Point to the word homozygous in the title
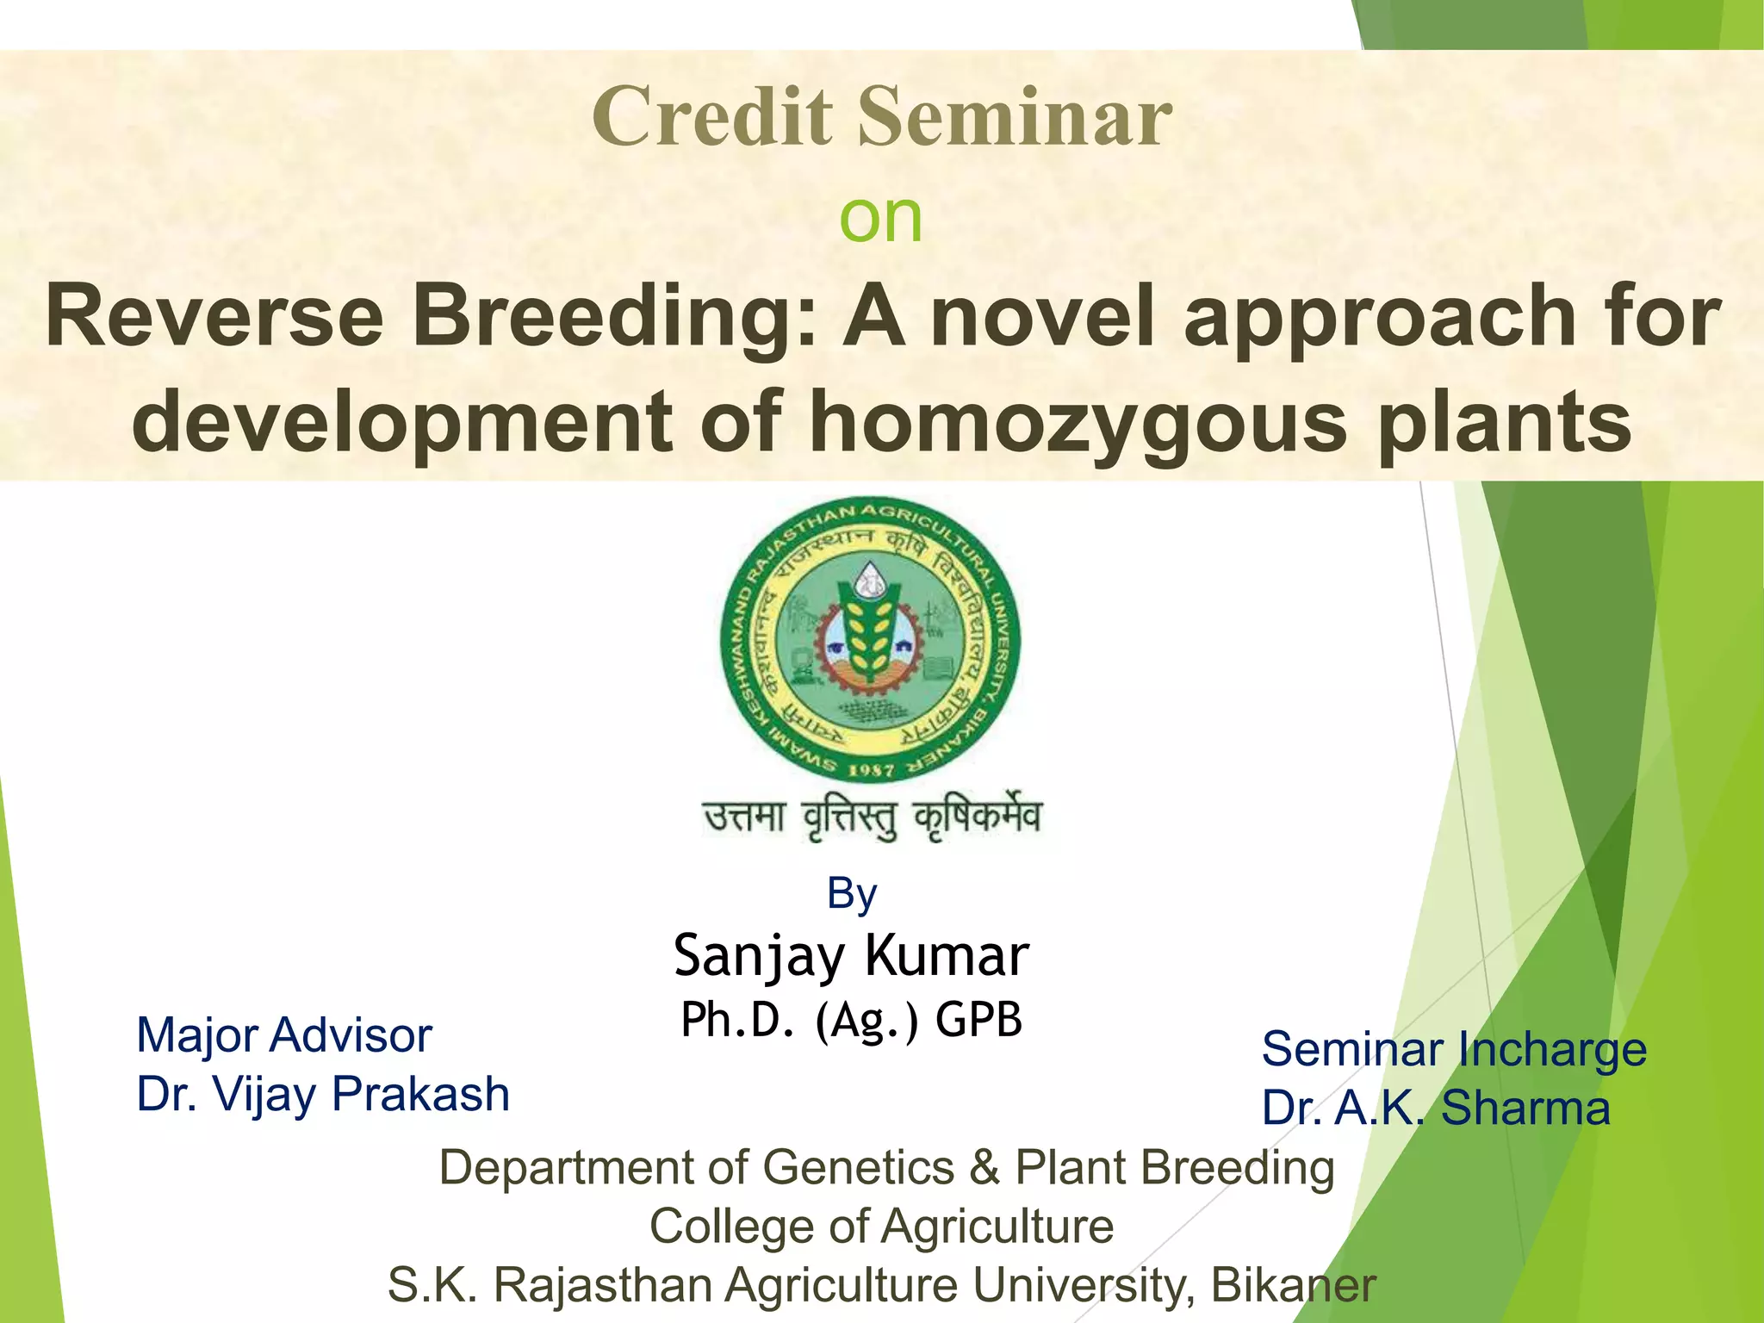coord(1078,421)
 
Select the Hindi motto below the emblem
coord(873,818)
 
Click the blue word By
coord(851,893)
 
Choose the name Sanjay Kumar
coord(851,955)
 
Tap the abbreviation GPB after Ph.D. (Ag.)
coord(978,1020)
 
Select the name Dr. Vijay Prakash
coord(323,1094)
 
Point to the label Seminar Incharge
coord(1454,1049)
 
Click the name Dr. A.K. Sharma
coord(1436,1108)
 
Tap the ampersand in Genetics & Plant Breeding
coord(984,1168)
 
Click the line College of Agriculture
coord(881,1226)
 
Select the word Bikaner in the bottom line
coord(1293,1285)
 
